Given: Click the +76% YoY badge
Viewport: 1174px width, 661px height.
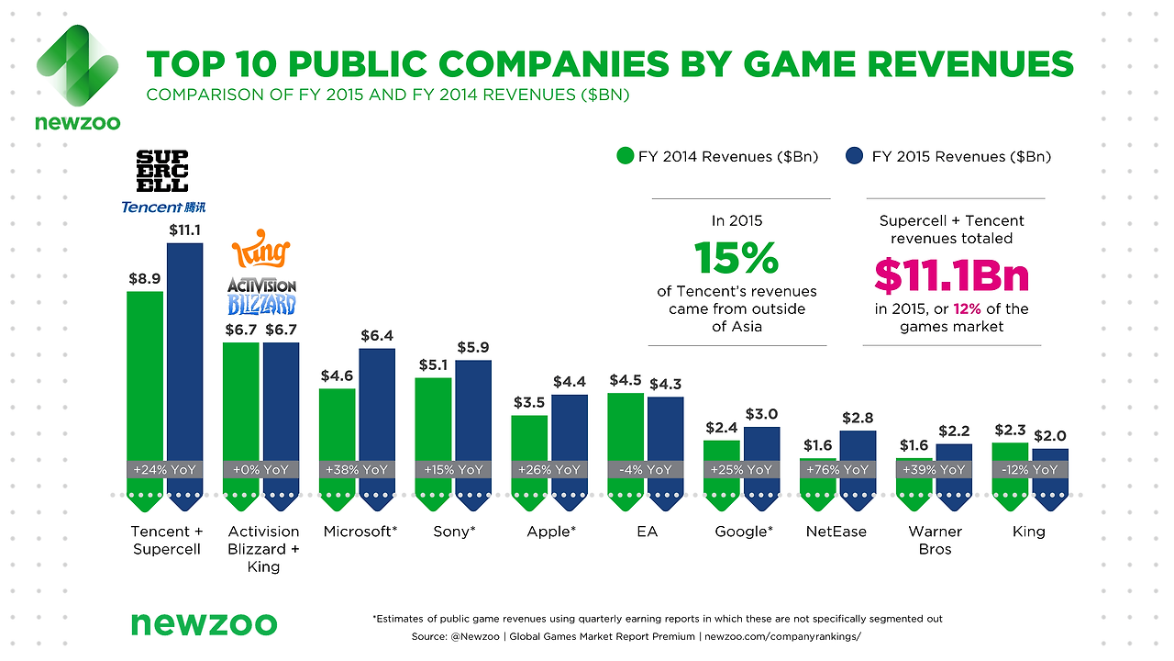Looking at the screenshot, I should click(836, 469).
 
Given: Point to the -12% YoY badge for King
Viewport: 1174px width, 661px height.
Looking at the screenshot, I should click(1028, 469).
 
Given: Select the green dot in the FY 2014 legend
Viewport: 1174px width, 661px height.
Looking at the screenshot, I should click(626, 156).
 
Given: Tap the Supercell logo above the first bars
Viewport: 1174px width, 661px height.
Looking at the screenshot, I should click(162, 169).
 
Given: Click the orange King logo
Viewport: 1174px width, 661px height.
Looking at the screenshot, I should click(261, 252).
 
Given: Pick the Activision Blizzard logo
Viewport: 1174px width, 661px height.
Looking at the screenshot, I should click(261, 296).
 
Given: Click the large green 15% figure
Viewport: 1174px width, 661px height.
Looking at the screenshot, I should click(737, 259).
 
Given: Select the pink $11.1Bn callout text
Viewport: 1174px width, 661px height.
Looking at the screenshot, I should click(951, 275).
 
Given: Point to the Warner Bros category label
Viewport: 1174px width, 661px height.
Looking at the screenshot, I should click(935, 540).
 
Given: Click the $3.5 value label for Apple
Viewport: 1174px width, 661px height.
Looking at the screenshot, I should click(529, 402).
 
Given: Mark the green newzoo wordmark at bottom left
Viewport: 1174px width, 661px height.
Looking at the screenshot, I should click(203, 623).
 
